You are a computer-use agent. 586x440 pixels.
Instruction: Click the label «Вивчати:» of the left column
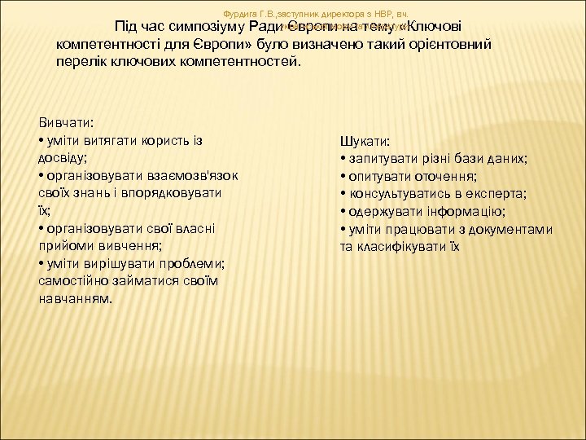pyautogui.click(x=66, y=122)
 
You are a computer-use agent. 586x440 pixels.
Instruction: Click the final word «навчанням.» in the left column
pyautogui.click(x=77, y=298)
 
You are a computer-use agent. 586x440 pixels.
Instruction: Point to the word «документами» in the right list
pyautogui.click(x=510, y=229)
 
